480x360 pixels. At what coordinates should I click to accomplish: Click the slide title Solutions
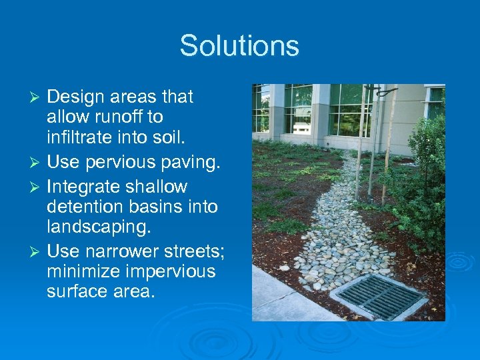coord(239,45)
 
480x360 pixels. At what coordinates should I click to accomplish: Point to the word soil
coord(164,138)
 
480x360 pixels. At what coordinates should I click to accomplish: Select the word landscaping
coord(99,227)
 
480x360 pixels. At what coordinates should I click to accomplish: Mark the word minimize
coord(82,271)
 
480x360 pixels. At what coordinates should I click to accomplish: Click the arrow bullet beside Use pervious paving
coord(38,163)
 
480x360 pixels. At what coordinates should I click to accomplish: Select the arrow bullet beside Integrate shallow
coord(38,187)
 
